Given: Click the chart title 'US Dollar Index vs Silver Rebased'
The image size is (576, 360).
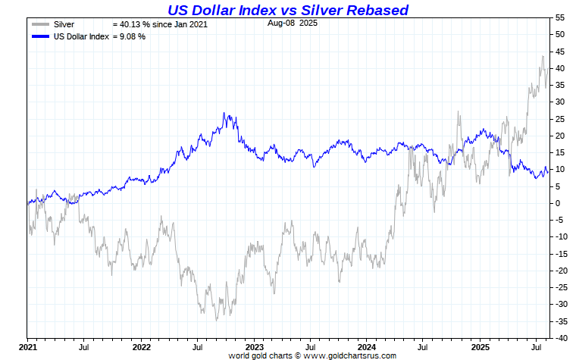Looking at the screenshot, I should (x=287, y=10).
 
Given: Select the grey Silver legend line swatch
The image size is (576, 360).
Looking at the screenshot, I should (x=41, y=24).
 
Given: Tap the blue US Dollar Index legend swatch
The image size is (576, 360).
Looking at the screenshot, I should (x=41, y=36).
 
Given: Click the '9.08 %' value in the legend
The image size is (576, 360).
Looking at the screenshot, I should (x=129, y=36).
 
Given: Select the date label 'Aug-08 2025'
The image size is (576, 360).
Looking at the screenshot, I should (x=292, y=23).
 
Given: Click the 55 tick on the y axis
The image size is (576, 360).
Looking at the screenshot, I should (x=559, y=17).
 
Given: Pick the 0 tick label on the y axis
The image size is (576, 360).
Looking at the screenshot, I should (x=557, y=203).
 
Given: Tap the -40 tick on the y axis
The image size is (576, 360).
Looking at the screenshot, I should (x=560, y=337).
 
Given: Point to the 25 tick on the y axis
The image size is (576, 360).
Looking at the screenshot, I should (x=559, y=119).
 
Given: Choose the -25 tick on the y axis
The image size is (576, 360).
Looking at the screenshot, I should (x=560, y=287).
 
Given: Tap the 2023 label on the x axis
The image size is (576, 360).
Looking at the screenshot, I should (x=254, y=347).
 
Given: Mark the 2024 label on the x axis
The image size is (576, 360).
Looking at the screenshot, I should (x=367, y=347).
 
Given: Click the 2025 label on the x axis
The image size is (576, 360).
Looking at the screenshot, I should (x=481, y=347).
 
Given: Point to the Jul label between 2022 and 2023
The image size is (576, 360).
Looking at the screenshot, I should (x=198, y=347).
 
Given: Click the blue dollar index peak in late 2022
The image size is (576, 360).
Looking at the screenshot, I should (x=224, y=113).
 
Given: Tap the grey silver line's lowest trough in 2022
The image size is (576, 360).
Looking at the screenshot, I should (x=216, y=320).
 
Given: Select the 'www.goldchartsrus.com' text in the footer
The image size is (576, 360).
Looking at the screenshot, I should (x=349, y=355).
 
